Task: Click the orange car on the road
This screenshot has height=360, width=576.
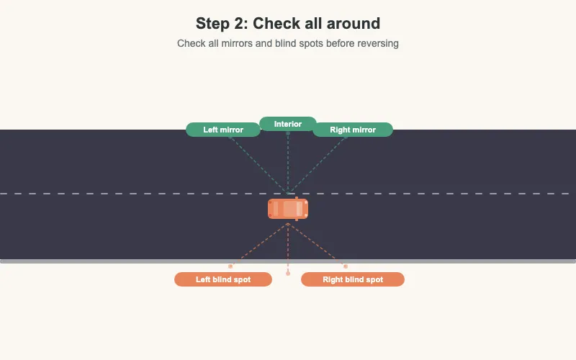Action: pos(288,209)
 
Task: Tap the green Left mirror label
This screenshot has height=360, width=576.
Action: pos(223,130)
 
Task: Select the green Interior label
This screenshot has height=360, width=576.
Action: pos(288,124)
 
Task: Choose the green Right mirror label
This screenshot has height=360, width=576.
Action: pos(353,130)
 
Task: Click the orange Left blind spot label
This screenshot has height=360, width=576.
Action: pos(223,279)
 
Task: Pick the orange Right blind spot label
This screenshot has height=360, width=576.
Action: pos(353,279)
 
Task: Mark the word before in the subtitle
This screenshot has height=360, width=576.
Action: pos(341,43)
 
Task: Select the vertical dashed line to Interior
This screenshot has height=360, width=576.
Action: pos(288,162)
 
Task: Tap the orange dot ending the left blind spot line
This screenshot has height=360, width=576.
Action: pos(230,266)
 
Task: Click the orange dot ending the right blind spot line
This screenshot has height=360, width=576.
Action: pos(346,266)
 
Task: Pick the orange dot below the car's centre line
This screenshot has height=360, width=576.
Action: pos(288,274)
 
